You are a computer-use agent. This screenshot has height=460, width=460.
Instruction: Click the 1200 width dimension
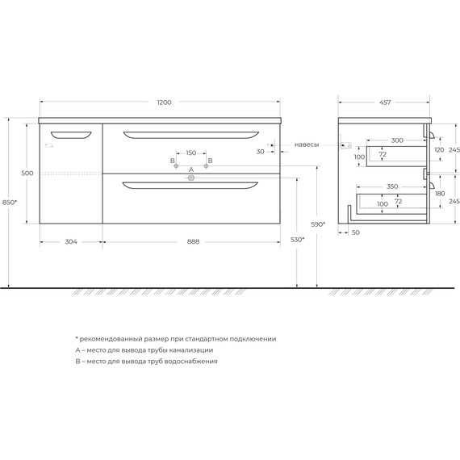click(165, 102)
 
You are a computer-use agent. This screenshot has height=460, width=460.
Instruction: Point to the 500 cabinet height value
click(27, 174)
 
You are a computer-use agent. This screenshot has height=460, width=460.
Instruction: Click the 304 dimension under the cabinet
click(71, 241)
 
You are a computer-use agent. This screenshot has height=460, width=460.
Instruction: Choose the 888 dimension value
click(193, 241)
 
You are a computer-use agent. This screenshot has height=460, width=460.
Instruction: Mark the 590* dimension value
click(319, 224)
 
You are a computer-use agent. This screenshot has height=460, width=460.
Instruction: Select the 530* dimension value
click(298, 240)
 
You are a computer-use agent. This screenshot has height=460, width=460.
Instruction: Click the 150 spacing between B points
click(191, 153)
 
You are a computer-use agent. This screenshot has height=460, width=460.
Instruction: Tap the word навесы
click(307, 144)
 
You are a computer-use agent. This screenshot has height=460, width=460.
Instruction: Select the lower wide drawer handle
click(191, 187)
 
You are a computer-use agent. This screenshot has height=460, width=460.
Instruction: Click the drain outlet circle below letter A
click(191, 179)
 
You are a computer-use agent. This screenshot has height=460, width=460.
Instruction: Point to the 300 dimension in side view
click(396, 140)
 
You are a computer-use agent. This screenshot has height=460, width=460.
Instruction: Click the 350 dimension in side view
click(392, 186)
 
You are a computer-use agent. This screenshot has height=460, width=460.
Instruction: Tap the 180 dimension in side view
click(440, 194)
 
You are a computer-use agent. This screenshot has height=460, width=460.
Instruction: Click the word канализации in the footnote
click(186, 350)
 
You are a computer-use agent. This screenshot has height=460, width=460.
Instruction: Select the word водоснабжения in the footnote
click(190, 362)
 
